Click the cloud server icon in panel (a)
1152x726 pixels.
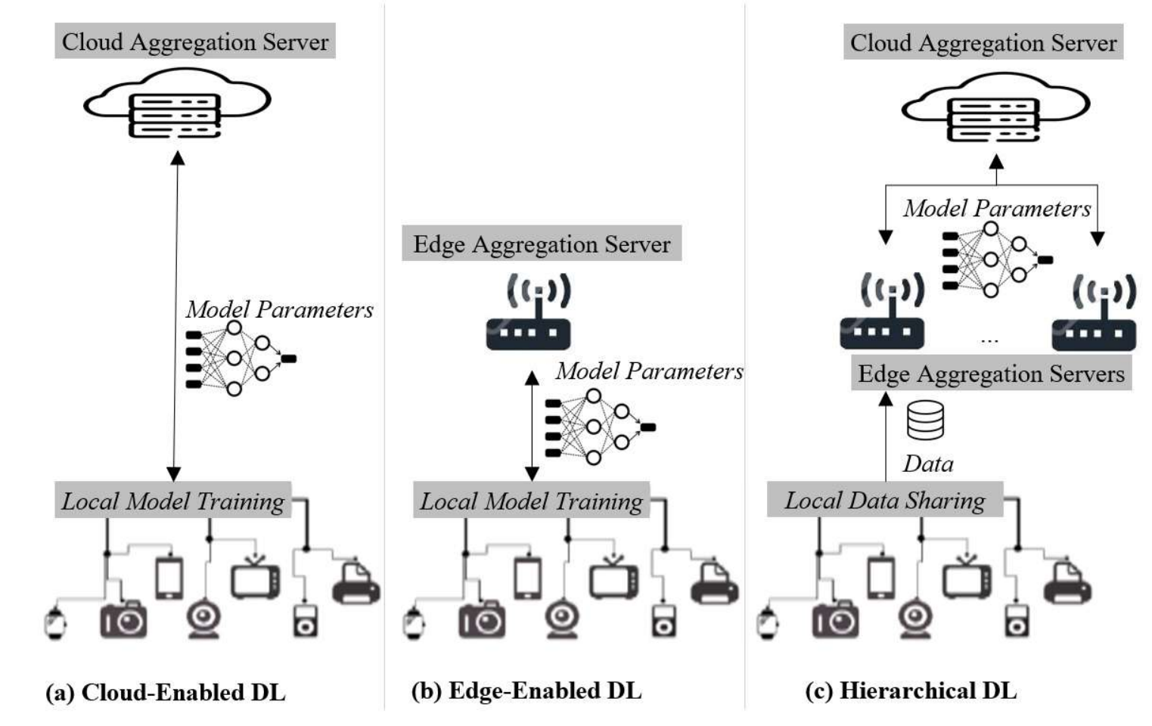[178, 104]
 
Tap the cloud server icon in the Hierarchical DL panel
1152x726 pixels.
[995, 107]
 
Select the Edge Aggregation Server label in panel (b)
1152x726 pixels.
[542, 244]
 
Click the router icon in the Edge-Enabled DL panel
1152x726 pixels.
[529, 312]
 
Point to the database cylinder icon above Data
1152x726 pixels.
[925, 420]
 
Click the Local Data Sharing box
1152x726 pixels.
[884, 500]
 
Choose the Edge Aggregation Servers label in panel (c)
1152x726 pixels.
[991, 373]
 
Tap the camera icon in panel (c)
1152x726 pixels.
[835, 619]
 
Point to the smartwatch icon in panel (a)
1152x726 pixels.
[55, 624]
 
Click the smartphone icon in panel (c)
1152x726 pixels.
[881, 578]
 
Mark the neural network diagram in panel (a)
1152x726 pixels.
[241, 358]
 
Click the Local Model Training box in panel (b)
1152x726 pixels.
[531, 500]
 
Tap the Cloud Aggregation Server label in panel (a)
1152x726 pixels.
[195, 41]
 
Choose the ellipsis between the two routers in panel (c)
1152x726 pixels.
[989, 340]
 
